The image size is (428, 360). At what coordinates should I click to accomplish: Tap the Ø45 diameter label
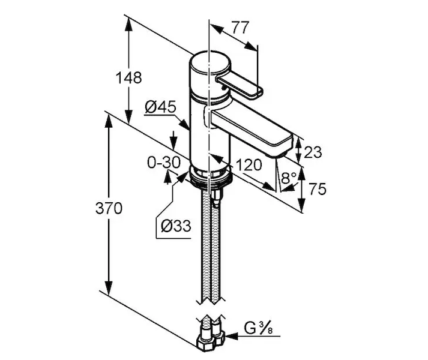(x=160, y=107)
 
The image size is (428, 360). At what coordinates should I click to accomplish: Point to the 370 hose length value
(x=109, y=209)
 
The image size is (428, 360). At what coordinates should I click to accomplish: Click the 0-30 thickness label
(x=164, y=162)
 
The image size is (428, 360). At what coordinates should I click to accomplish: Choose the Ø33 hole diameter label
(x=176, y=226)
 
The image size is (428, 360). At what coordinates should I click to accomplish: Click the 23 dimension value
(x=313, y=152)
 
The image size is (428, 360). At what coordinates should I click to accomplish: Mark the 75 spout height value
(x=317, y=190)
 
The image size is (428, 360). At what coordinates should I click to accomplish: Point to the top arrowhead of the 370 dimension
(x=109, y=119)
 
